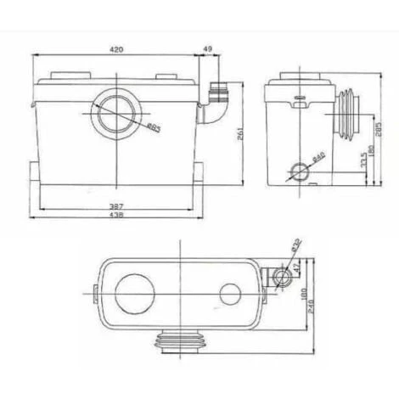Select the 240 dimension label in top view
(312, 299)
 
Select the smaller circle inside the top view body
(229, 295)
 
